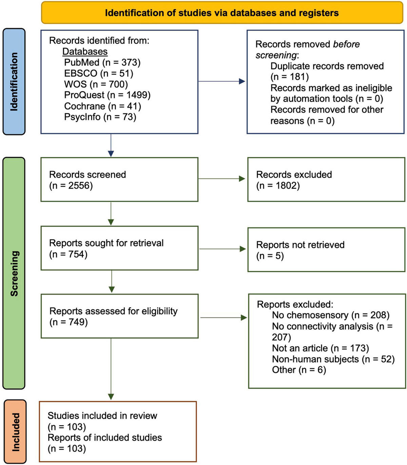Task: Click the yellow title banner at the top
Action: click(222, 13)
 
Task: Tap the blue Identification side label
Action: click(14, 82)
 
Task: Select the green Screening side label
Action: click(14, 273)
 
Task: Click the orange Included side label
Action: click(15, 432)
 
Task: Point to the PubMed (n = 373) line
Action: click(102, 62)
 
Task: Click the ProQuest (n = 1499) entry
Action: click(107, 95)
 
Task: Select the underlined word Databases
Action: click(85, 52)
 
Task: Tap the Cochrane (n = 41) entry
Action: click(102, 106)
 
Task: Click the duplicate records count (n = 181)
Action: click(290, 77)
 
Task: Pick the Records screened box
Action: click(119, 179)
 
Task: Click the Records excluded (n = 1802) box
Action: click(326, 179)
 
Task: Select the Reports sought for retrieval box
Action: click(119, 248)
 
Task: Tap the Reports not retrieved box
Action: click(326, 250)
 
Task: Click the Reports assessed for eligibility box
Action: click(119, 316)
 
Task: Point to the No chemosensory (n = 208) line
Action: click(331, 315)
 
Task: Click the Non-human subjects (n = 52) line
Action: click(333, 359)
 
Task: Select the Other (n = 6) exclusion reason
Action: click(299, 370)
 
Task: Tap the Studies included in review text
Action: click(102, 415)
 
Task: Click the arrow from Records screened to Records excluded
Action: click(222, 179)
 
